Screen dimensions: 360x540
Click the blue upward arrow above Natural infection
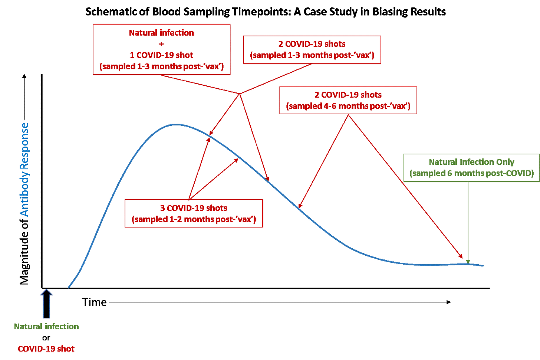(47, 304)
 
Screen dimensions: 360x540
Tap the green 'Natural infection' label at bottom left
(46, 327)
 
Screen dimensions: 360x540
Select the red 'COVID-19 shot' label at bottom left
(46, 349)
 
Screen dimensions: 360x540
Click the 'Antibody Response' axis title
(24, 169)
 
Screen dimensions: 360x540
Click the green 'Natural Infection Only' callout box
(471, 168)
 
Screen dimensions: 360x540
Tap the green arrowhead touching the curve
(468, 262)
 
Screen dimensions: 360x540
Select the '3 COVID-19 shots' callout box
(194, 213)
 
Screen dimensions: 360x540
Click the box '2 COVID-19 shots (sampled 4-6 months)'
(348, 100)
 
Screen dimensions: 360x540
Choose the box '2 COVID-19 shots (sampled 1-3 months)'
(312, 50)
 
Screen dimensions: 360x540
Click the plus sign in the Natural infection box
(161, 44)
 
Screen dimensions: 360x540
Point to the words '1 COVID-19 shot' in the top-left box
(161, 56)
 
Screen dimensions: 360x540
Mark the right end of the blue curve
(483, 266)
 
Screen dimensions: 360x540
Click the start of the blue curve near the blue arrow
(68, 288)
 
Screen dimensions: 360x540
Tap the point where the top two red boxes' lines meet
(239, 94)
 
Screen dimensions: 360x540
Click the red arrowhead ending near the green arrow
(462, 256)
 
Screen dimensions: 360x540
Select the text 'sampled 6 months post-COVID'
(471, 173)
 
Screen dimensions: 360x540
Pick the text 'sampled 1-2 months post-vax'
(194, 219)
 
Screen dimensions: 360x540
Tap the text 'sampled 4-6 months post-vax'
(348, 106)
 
